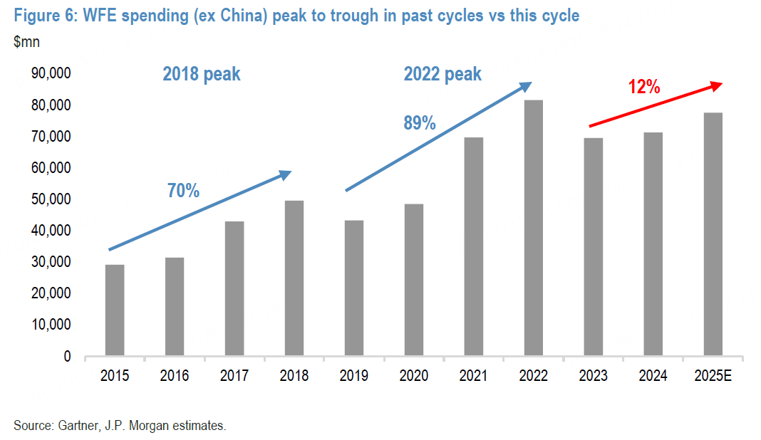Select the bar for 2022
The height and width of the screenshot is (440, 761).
pos(534,228)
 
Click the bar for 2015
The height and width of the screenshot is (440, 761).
pos(115,310)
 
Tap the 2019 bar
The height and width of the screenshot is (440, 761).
pos(354,288)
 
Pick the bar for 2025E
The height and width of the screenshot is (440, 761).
pos(713,234)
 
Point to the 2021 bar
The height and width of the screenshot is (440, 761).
pos(474,246)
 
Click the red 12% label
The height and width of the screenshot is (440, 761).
pos(644,88)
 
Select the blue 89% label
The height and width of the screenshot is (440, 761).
pos(419,122)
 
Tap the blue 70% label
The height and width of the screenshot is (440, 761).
pos(183,190)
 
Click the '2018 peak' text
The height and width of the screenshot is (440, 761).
pos(202,74)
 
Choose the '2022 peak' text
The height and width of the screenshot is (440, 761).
pos(442,74)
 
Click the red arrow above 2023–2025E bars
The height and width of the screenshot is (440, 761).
pos(656,105)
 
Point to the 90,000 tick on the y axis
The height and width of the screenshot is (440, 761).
pos(46,74)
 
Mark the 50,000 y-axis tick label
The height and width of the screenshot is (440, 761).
pos(46,199)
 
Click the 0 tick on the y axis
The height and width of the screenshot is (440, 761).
pos(66,356)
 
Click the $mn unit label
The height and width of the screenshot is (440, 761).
pos(26,41)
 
